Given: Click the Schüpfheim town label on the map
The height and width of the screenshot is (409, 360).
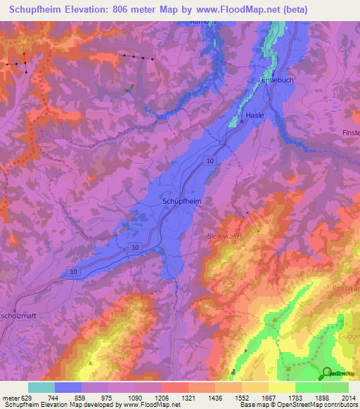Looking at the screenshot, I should [x=182, y=201].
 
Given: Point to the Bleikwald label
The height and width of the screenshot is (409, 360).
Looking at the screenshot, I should [x=224, y=237].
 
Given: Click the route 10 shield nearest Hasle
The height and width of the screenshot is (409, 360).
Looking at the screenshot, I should [x=210, y=162].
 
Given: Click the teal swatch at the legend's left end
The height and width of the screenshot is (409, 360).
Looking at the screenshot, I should [x=41, y=387].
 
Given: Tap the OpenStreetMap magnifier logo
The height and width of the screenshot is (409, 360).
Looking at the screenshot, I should [x=326, y=373].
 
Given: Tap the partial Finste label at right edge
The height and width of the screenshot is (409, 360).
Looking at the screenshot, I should [x=350, y=132].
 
